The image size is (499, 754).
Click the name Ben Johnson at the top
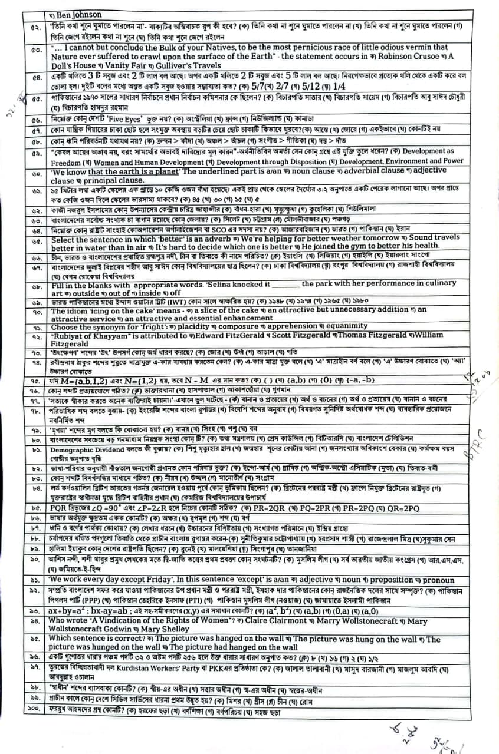(80, 14)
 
